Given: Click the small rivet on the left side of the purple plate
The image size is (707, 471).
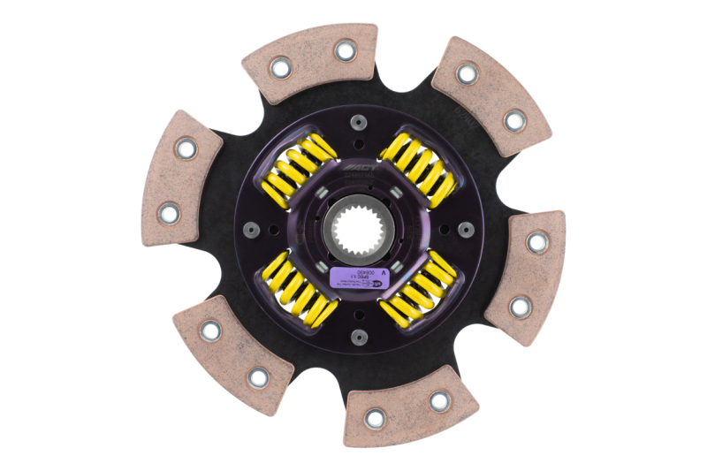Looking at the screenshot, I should pyautogui.click(x=248, y=229).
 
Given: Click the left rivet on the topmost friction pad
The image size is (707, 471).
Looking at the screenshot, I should pyautogui.click(x=280, y=66).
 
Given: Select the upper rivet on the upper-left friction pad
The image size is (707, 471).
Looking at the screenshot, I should pyautogui.click(x=186, y=148).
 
